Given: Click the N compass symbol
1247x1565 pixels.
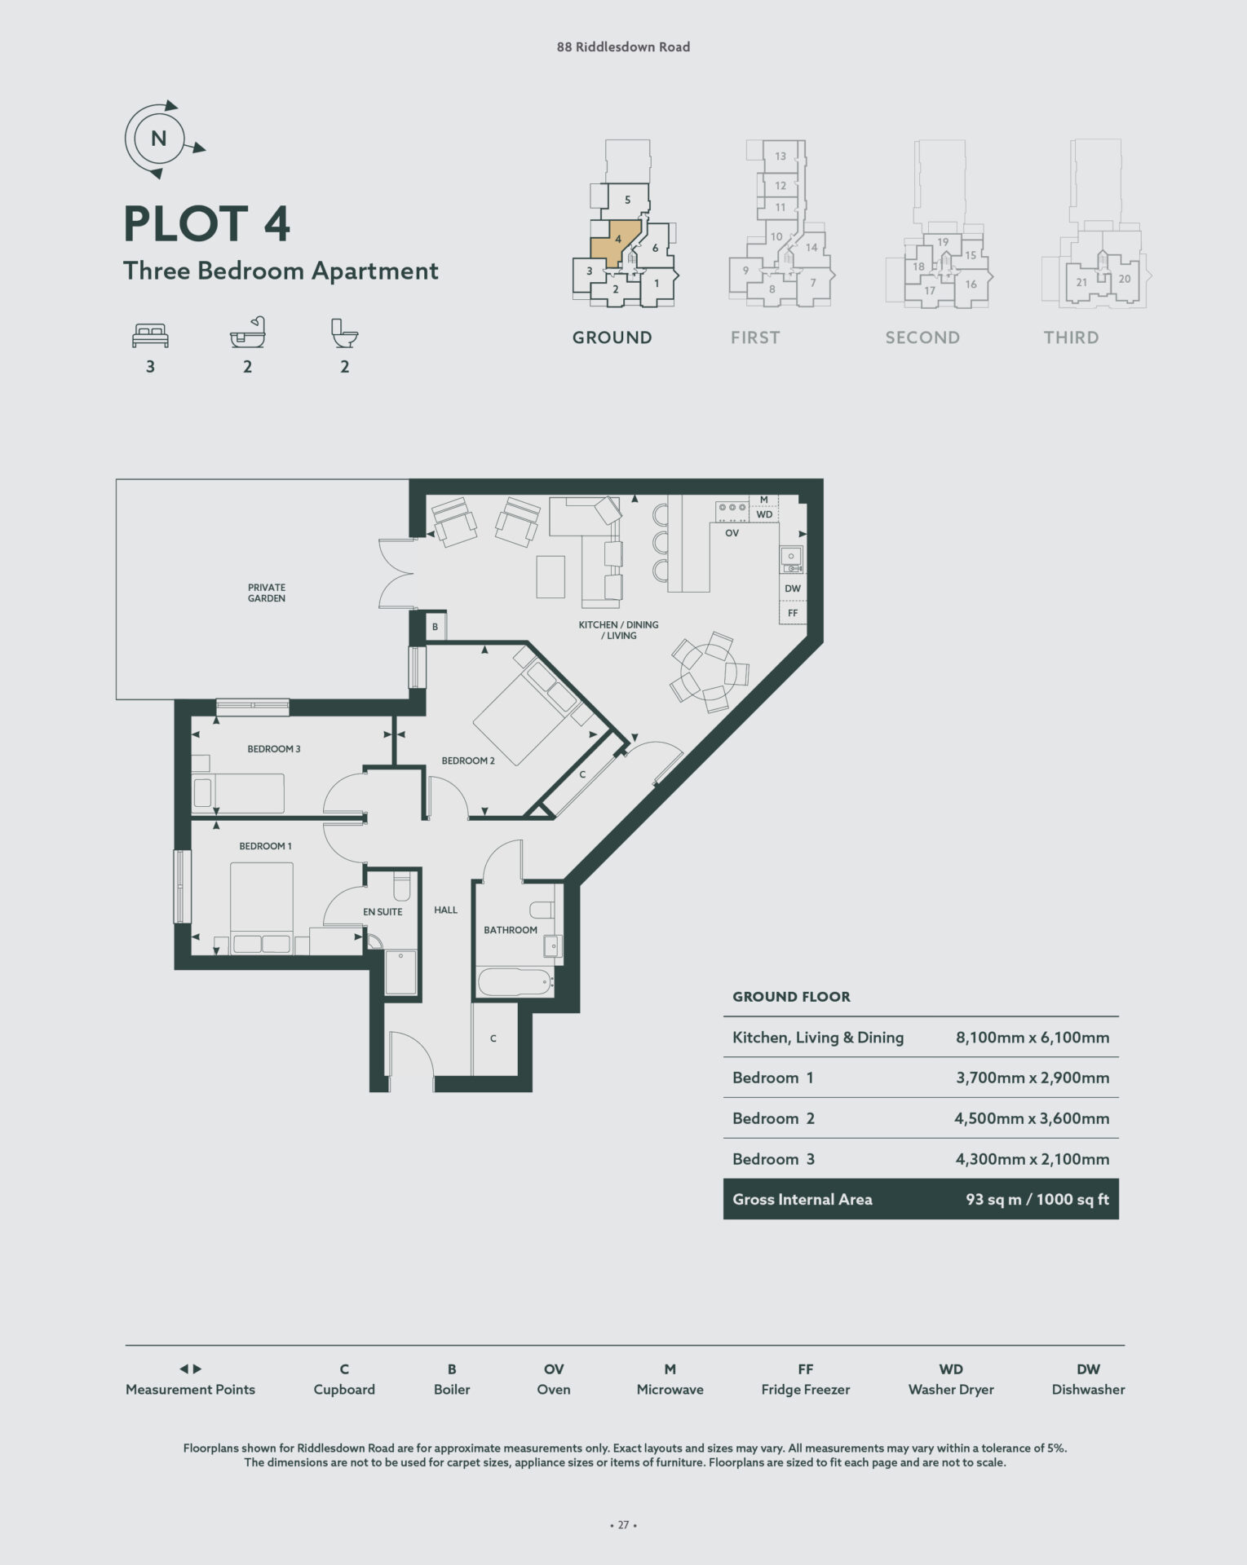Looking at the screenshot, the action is coord(159,139).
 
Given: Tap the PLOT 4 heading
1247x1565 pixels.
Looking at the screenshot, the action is coord(206,224).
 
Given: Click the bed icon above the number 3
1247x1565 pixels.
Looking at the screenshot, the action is coord(150,335).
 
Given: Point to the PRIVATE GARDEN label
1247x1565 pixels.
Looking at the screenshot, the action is coord(267,593).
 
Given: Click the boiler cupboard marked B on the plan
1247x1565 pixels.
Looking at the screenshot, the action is coord(436,627).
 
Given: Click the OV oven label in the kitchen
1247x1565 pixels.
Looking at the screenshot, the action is coord(732,533).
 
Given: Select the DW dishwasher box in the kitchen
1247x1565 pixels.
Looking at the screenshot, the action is coord(793,589).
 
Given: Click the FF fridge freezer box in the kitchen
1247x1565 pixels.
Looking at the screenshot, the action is coord(793,613).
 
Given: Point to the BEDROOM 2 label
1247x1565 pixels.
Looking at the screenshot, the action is coord(468,760).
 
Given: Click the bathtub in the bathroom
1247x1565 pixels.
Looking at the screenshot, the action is coord(516,981).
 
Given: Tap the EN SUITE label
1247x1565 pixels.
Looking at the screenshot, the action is coord(383,912).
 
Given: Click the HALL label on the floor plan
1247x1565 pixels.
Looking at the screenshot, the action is coord(445,910).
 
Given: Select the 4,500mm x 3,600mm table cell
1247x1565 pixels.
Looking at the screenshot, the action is coord(1032,1118).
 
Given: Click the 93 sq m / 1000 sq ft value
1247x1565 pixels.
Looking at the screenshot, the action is coord(1037,1199).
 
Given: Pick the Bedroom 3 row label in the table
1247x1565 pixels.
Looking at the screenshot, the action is coord(773,1159).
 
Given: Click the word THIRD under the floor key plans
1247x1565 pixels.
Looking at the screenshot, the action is coord(1072,337).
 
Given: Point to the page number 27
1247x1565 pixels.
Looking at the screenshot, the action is coord(623,1525).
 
